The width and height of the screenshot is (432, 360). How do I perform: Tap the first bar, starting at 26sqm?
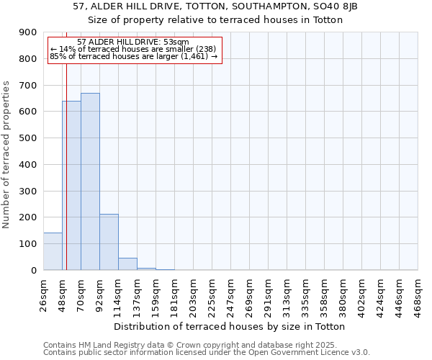click(x=53, y=251)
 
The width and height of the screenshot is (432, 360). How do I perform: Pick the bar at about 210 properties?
click(x=109, y=242)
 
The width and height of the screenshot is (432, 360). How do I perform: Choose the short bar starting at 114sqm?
click(x=127, y=264)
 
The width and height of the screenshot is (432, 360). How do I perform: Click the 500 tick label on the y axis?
click(x=29, y=138)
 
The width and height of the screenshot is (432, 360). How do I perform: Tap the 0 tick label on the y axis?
click(x=34, y=270)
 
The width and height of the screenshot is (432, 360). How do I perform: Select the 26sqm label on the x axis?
click(x=44, y=294)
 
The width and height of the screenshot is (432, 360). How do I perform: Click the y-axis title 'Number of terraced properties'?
click(x=7, y=155)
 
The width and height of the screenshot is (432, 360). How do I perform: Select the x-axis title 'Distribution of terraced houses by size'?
click(x=231, y=326)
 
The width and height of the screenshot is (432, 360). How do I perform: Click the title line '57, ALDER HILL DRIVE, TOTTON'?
click(x=215, y=6)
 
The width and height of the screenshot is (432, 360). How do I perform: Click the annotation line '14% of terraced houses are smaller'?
click(x=132, y=49)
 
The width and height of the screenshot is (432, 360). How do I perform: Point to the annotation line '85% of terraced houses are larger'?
click(x=134, y=56)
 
